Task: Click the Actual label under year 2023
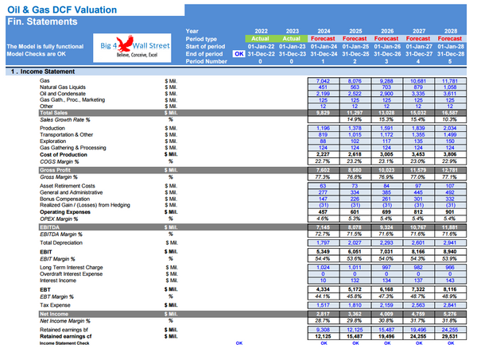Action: (x=292, y=38)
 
